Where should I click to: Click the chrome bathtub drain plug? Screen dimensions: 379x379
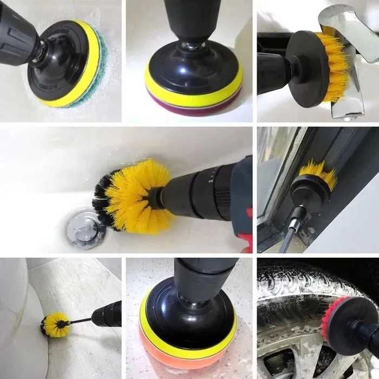click(x=86, y=230)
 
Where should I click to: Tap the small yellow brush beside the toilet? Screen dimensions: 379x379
click(x=55, y=324)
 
